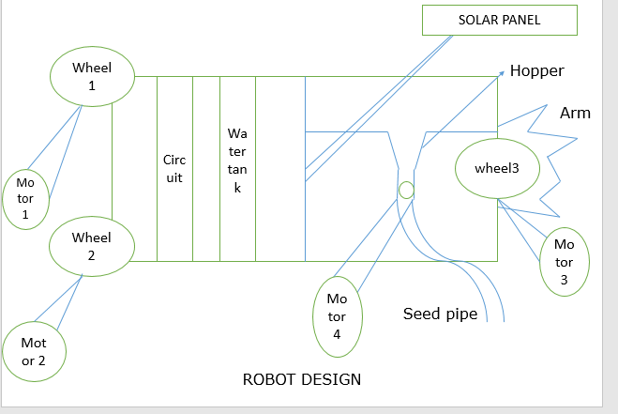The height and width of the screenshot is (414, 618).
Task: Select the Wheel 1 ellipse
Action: pos(93,76)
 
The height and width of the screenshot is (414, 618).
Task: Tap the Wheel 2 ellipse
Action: pos(92,247)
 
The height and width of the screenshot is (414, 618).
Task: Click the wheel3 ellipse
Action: pos(496,169)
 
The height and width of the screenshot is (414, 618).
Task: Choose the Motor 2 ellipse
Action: pos(34,351)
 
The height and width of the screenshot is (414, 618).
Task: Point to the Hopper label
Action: pos(537,70)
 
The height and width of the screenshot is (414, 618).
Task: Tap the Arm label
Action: pos(575,114)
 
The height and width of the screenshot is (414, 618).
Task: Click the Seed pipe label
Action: pos(440,314)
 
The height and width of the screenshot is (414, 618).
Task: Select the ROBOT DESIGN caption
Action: pos(301,379)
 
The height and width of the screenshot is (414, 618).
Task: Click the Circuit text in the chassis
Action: pos(174,169)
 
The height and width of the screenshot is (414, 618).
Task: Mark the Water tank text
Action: pos(237,161)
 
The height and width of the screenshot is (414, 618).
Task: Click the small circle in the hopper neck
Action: pos(406,190)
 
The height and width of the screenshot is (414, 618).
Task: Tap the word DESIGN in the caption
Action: pos(330,379)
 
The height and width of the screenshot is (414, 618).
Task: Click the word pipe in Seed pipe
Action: pos(461,314)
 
